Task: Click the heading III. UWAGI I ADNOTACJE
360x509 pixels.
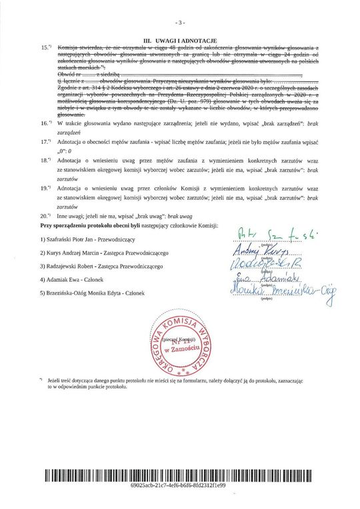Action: [179, 41]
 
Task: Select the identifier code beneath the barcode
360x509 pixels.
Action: [179, 487]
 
